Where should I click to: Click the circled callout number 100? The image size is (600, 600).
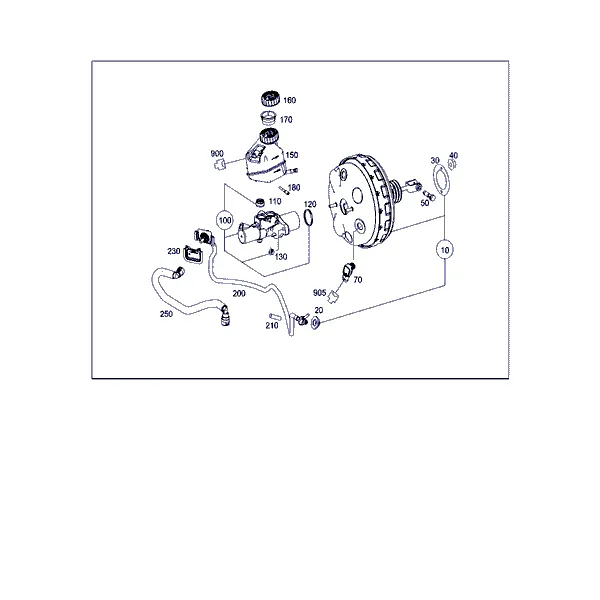[225, 220]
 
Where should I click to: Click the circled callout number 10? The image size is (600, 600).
[445, 250]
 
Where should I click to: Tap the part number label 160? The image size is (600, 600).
[290, 100]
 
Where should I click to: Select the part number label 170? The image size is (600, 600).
[286, 120]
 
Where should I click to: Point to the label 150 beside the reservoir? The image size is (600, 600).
[292, 155]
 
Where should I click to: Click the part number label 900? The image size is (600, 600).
[217, 153]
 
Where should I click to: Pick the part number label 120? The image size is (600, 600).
[310, 204]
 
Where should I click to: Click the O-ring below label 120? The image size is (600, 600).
[309, 218]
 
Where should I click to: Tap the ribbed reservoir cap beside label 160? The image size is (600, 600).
[271, 99]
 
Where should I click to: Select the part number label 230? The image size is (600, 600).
[174, 251]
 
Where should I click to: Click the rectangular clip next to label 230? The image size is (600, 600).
[193, 254]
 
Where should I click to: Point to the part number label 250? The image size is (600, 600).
[166, 314]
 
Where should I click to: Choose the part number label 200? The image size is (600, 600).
[239, 293]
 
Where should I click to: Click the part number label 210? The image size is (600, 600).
[272, 326]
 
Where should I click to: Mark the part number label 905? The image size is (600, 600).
[320, 293]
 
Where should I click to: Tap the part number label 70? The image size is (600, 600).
[358, 280]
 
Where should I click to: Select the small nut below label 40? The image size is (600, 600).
[452, 165]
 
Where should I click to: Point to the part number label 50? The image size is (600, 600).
[425, 203]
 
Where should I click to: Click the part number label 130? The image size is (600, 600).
[281, 257]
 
